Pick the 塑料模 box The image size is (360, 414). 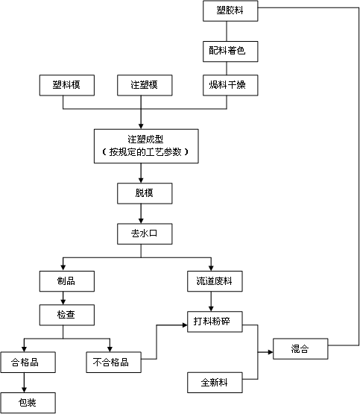click(67, 86)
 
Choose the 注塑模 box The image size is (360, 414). click(145, 86)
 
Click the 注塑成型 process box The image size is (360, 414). click(145, 145)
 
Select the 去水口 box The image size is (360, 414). click(145, 234)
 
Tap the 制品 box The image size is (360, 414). click(67, 280)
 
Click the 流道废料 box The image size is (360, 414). click(215, 280)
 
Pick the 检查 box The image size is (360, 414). click(67, 316)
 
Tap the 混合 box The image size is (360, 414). click(300, 348)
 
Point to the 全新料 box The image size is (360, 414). click(215, 383)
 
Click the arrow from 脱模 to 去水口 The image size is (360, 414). click(142, 214)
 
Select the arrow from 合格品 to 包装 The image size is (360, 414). click(25, 383)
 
